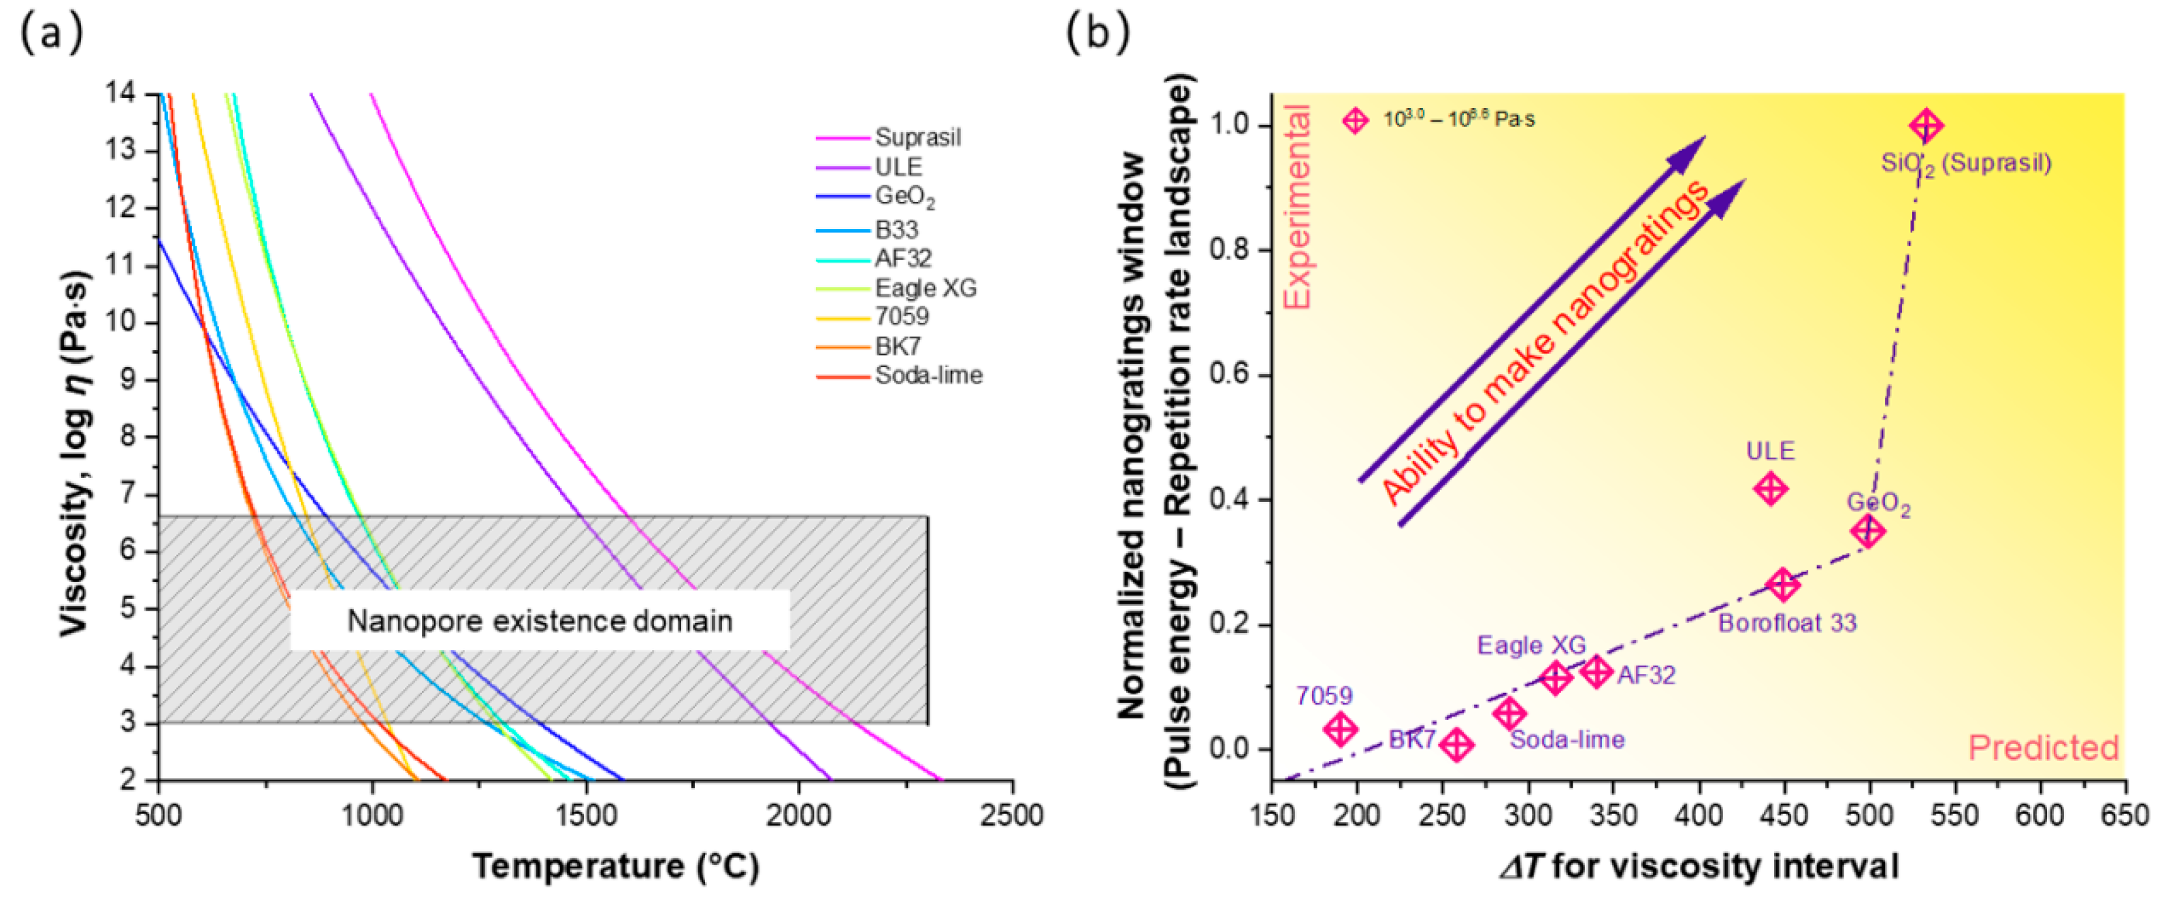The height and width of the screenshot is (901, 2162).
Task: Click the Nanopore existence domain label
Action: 539,621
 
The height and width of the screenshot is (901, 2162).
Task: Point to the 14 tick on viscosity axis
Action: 122,92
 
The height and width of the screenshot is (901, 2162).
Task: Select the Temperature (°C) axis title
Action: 615,866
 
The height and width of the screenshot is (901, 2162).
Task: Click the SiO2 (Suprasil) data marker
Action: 1925,126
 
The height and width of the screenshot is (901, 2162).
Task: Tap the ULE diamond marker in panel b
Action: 1770,488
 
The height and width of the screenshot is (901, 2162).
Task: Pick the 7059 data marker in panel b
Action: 1341,728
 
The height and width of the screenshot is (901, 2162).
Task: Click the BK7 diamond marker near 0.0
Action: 1456,744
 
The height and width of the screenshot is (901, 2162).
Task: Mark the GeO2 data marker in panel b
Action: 1867,530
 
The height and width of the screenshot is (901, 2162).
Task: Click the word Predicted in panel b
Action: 2043,747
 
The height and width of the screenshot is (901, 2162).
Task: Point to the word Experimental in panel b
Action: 1298,206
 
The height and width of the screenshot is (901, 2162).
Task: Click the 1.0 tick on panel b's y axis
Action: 1228,124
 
